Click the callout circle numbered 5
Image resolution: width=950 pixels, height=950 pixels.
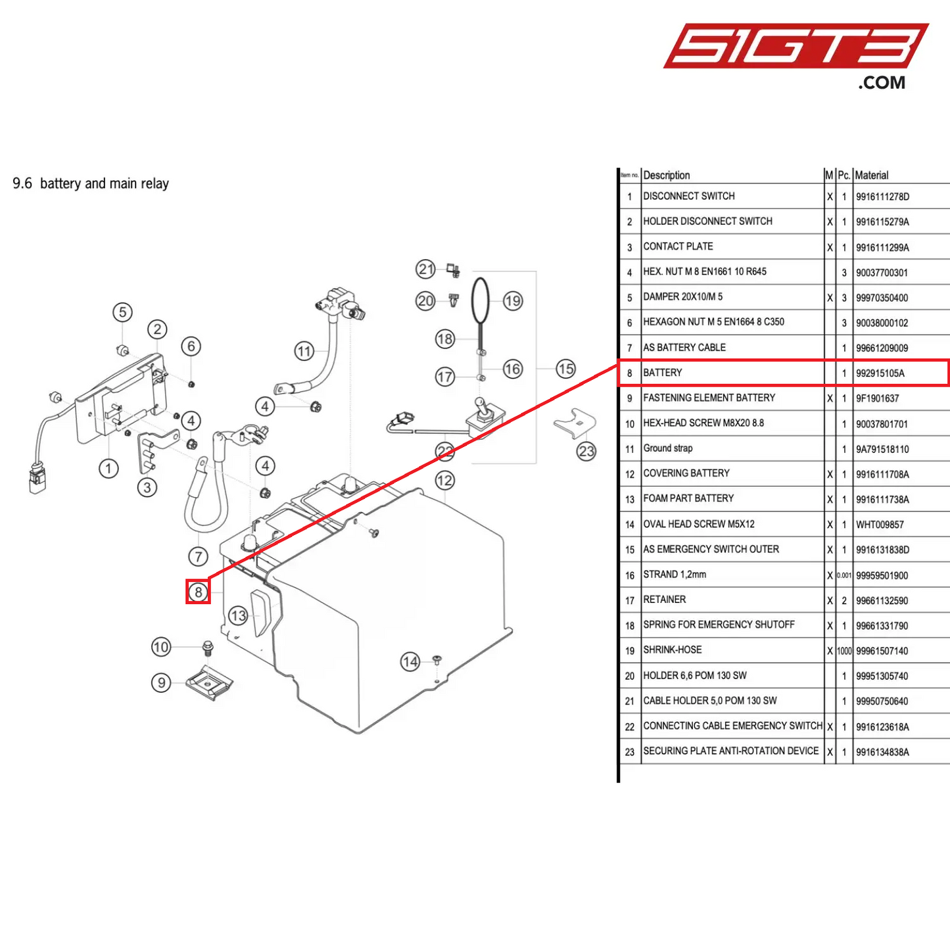point(122,312)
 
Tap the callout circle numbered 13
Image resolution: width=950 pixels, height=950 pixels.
point(238,616)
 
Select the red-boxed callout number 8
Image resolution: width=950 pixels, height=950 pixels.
point(198,592)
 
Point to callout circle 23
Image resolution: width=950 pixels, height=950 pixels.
point(586,451)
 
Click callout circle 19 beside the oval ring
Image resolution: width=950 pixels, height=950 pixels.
point(513,301)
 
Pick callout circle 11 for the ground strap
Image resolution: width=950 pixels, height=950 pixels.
point(304,351)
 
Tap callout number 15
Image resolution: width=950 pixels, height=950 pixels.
point(565,369)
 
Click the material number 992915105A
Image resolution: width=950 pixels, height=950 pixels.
point(880,373)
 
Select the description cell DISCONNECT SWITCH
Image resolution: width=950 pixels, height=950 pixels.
point(689,196)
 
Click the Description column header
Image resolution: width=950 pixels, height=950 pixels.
point(667,176)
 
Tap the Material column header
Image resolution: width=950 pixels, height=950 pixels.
point(872,176)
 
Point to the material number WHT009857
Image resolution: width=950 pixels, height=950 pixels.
point(880,525)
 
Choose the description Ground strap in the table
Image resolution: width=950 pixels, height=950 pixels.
point(668,448)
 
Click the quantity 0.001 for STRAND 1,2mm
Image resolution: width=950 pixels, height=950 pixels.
point(844,575)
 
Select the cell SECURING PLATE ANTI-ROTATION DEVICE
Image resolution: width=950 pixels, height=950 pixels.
point(731,751)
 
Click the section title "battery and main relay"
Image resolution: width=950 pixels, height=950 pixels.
point(105,183)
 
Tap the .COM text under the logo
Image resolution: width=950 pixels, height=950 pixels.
point(882,83)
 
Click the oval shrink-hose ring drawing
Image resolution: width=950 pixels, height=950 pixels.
point(481,300)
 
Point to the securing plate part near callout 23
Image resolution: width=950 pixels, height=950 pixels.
point(575,423)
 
